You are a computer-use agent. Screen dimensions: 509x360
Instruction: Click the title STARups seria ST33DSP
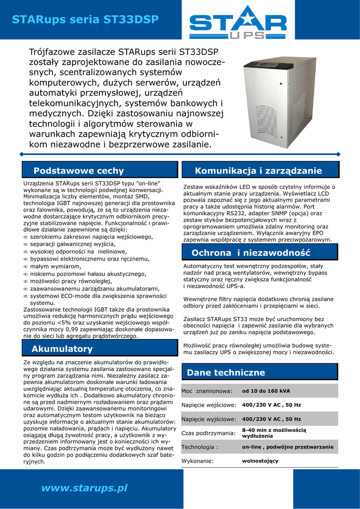click(85, 19)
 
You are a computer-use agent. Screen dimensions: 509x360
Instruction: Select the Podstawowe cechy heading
click(79, 171)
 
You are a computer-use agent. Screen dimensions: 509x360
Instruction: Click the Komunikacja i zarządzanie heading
click(259, 171)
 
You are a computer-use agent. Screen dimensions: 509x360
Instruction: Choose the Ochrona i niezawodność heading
click(251, 253)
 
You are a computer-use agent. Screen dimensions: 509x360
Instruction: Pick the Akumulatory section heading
click(62, 348)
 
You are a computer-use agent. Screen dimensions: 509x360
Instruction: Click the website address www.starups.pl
click(85, 488)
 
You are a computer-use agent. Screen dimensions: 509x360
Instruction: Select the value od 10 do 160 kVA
click(266, 391)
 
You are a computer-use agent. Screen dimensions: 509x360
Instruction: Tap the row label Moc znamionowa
click(207, 391)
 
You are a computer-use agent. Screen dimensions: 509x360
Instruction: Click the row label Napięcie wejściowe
click(208, 405)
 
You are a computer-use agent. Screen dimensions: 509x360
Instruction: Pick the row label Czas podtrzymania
click(208, 433)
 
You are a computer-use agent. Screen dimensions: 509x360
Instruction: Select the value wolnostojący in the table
click(260, 461)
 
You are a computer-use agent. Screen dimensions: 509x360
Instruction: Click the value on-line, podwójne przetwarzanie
click(287, 447)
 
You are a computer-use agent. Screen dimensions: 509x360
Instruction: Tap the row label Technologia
click(200, 447)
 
